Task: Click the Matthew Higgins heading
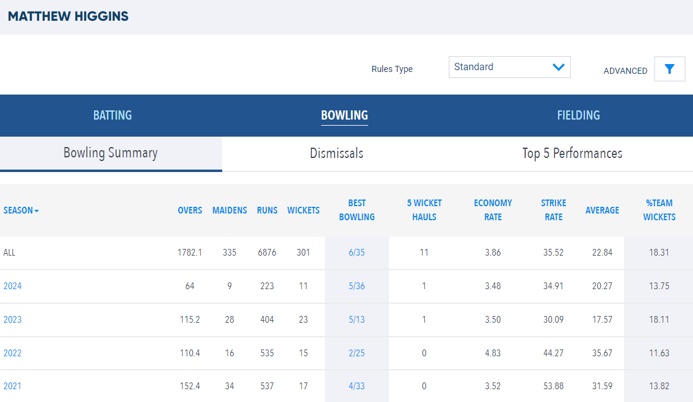tap(68, 16)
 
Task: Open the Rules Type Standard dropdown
tap(510, 67)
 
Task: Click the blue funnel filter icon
tap(670, 69)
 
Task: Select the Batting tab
tap(112, 115)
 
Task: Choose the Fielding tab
tap(578, 115)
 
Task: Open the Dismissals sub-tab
tap(336, 153)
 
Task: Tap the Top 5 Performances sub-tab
tap(572, 153)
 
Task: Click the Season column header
tap(21, 210)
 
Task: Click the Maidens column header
tap(230, 210)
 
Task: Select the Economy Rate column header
tap(493, 210)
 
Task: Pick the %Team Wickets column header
tap(659, 210)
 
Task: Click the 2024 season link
tap(12, 286)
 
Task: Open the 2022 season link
tap(12, 353)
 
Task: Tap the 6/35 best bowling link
tap(357, 253)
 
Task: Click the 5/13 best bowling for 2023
tap(357, 320)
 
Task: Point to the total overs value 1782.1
tap(190, 253)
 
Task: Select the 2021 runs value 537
tap(267, 386)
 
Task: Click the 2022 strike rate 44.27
tap(553, 353)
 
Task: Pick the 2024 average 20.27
tap(603, 286)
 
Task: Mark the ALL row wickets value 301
tap(303, 253)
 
